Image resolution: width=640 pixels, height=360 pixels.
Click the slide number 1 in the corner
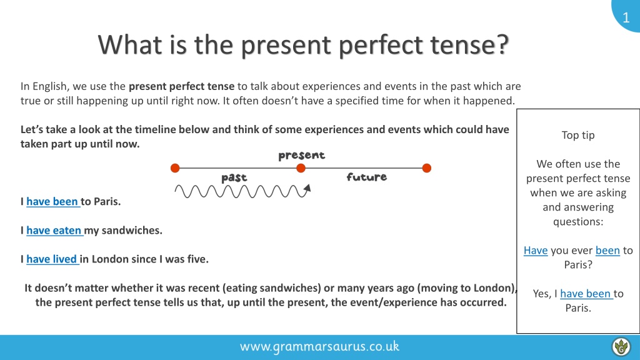[x=626, y=17]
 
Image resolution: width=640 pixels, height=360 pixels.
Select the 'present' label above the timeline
[x=302, y=156]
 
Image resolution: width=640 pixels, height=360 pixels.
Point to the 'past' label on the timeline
[x=234, y=177]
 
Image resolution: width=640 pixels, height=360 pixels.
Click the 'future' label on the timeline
[x=366, y=177]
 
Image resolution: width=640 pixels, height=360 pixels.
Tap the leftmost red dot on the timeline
[x=175, y=167]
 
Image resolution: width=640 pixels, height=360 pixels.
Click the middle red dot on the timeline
[x=301, y=167]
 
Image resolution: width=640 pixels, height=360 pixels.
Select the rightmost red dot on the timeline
[x=426, y=167]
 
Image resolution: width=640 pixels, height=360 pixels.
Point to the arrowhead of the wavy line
[x=307, y=188]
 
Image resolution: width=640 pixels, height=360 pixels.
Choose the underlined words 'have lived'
[x=52, y=259]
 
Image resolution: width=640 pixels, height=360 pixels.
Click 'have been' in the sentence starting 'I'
[x=52, y=201]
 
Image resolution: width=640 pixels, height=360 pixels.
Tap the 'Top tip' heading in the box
[x=578, y=135]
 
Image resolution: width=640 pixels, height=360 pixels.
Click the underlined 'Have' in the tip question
[x=536, y=250]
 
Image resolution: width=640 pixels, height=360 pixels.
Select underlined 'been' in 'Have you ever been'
[x=607, y=250]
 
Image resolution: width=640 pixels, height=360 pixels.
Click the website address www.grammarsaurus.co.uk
[x=319, y=346]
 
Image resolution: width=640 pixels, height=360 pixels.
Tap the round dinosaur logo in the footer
[x=621, y=346]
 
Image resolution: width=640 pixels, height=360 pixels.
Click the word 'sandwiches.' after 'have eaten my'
[x=132, y=230]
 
